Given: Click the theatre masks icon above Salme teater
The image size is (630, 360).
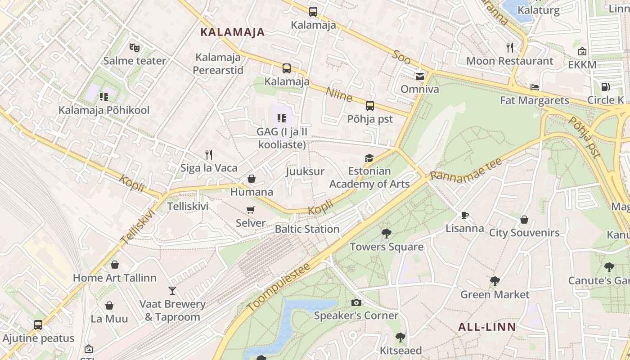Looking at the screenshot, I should pos(134,47).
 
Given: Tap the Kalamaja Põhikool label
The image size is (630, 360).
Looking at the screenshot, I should pos(104,110).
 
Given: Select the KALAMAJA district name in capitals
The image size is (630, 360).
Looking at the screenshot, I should pos(232,32).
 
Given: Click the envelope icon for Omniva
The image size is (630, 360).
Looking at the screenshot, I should pos(420,76).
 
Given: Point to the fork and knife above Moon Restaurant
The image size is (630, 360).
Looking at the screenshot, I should pos(510,47).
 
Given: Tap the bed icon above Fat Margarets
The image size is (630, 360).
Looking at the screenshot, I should pos(535,87).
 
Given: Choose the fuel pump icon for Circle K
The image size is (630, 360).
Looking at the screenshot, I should pos(606,86).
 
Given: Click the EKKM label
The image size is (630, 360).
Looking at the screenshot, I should pos(582,65).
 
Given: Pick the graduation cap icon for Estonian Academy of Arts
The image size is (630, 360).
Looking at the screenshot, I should pos(369,158).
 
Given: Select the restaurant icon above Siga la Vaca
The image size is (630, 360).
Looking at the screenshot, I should pos(209,155).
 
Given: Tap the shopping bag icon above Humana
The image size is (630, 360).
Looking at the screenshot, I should pos(252,179).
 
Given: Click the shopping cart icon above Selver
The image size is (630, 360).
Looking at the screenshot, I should pos(251,210).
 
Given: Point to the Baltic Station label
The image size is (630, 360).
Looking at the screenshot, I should pos(307,229).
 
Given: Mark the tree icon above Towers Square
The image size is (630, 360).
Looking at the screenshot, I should pos(386,233).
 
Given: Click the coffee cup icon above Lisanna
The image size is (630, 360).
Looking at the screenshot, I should pos(465,215).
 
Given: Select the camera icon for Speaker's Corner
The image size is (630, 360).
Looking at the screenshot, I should pos(356,302).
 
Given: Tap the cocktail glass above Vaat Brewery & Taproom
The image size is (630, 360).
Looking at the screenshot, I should pos(172,291).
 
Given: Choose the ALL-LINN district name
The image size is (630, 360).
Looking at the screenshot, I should pos(487,327).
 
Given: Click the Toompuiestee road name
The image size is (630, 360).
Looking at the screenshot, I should pos(279,287).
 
